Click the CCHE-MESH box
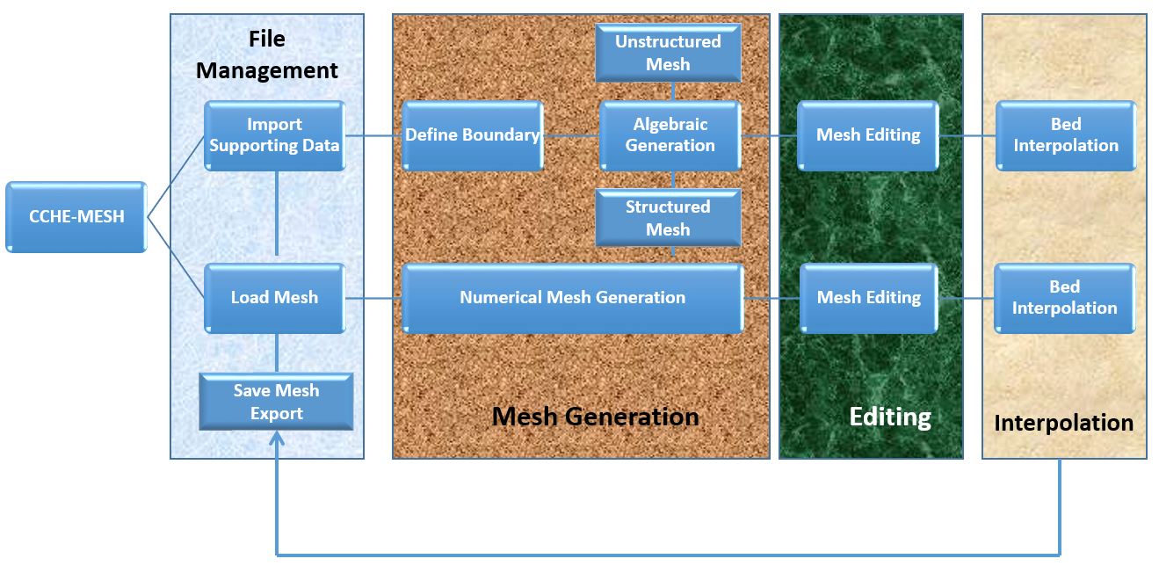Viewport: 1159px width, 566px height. [76, 216]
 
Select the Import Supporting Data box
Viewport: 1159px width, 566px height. [274, 135]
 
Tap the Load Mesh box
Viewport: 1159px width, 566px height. [274, 298]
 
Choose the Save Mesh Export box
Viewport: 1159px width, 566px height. [276, 402]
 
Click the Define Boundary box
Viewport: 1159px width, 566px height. [472, 135]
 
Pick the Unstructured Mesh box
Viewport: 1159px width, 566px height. [668, 53]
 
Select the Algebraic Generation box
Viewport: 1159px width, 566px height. [670, 135]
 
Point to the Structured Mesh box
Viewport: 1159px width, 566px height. [668, 218]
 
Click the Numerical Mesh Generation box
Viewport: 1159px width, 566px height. [572, 298]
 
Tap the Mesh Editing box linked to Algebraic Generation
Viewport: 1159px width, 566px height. [868, 135]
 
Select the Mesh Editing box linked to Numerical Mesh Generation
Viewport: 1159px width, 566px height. [869, 298]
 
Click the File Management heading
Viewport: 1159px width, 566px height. [267, 55]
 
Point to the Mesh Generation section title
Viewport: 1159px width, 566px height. [596, 416]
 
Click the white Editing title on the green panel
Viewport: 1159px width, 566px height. [890, 416]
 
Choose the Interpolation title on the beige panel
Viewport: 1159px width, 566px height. [1063, 423]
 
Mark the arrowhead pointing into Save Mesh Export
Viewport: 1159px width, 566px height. [277, 439]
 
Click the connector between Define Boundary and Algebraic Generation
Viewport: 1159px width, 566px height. [571, 136]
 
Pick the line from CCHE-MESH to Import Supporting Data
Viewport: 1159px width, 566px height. [176, 176]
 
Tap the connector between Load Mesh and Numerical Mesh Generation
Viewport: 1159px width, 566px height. [373, 298]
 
